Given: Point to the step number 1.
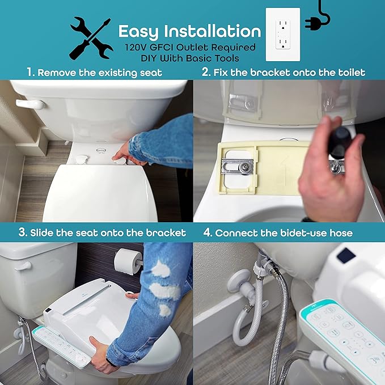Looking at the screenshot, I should [x=30, y=73].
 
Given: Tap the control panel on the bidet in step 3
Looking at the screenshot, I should [x=61, y=345].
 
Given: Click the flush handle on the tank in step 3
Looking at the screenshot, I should [x=22, y=265].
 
